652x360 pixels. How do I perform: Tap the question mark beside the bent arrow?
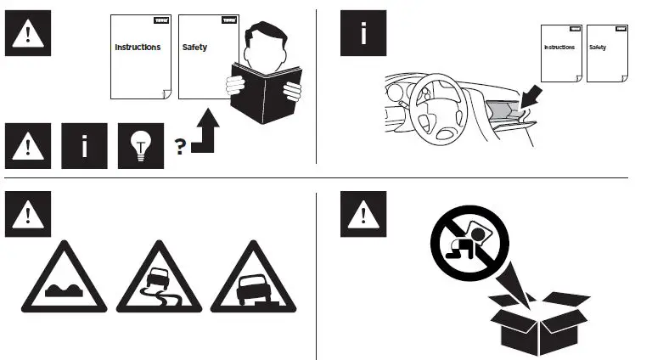pyautogui.click(x=180, y=146)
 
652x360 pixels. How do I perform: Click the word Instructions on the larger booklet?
pyautogui.click(x=138, y=47)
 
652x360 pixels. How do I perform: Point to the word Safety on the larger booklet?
pyautogui.click(x=194, y=47)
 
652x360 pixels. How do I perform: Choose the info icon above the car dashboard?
pyautogui.click(x=363, y=33)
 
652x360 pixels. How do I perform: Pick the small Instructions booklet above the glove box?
pyautogui.click(x=560, y=53)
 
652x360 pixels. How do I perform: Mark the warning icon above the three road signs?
pyautogui.click(x=28, y=213)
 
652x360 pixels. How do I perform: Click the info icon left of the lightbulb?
pyautogui.click(x=84, y=145)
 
